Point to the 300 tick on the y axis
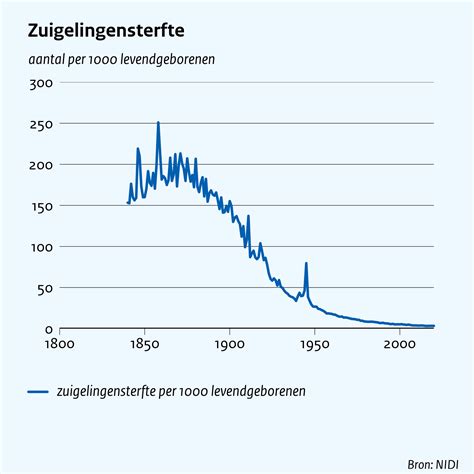point(41,83)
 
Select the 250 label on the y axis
point(41,124)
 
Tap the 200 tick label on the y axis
point(41,165)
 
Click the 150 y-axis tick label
point(41,206)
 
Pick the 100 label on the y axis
point(41,247)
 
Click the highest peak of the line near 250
point(158,123)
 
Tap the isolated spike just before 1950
point(306,264)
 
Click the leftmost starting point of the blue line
point(128,203)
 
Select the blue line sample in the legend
point(41,392)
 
